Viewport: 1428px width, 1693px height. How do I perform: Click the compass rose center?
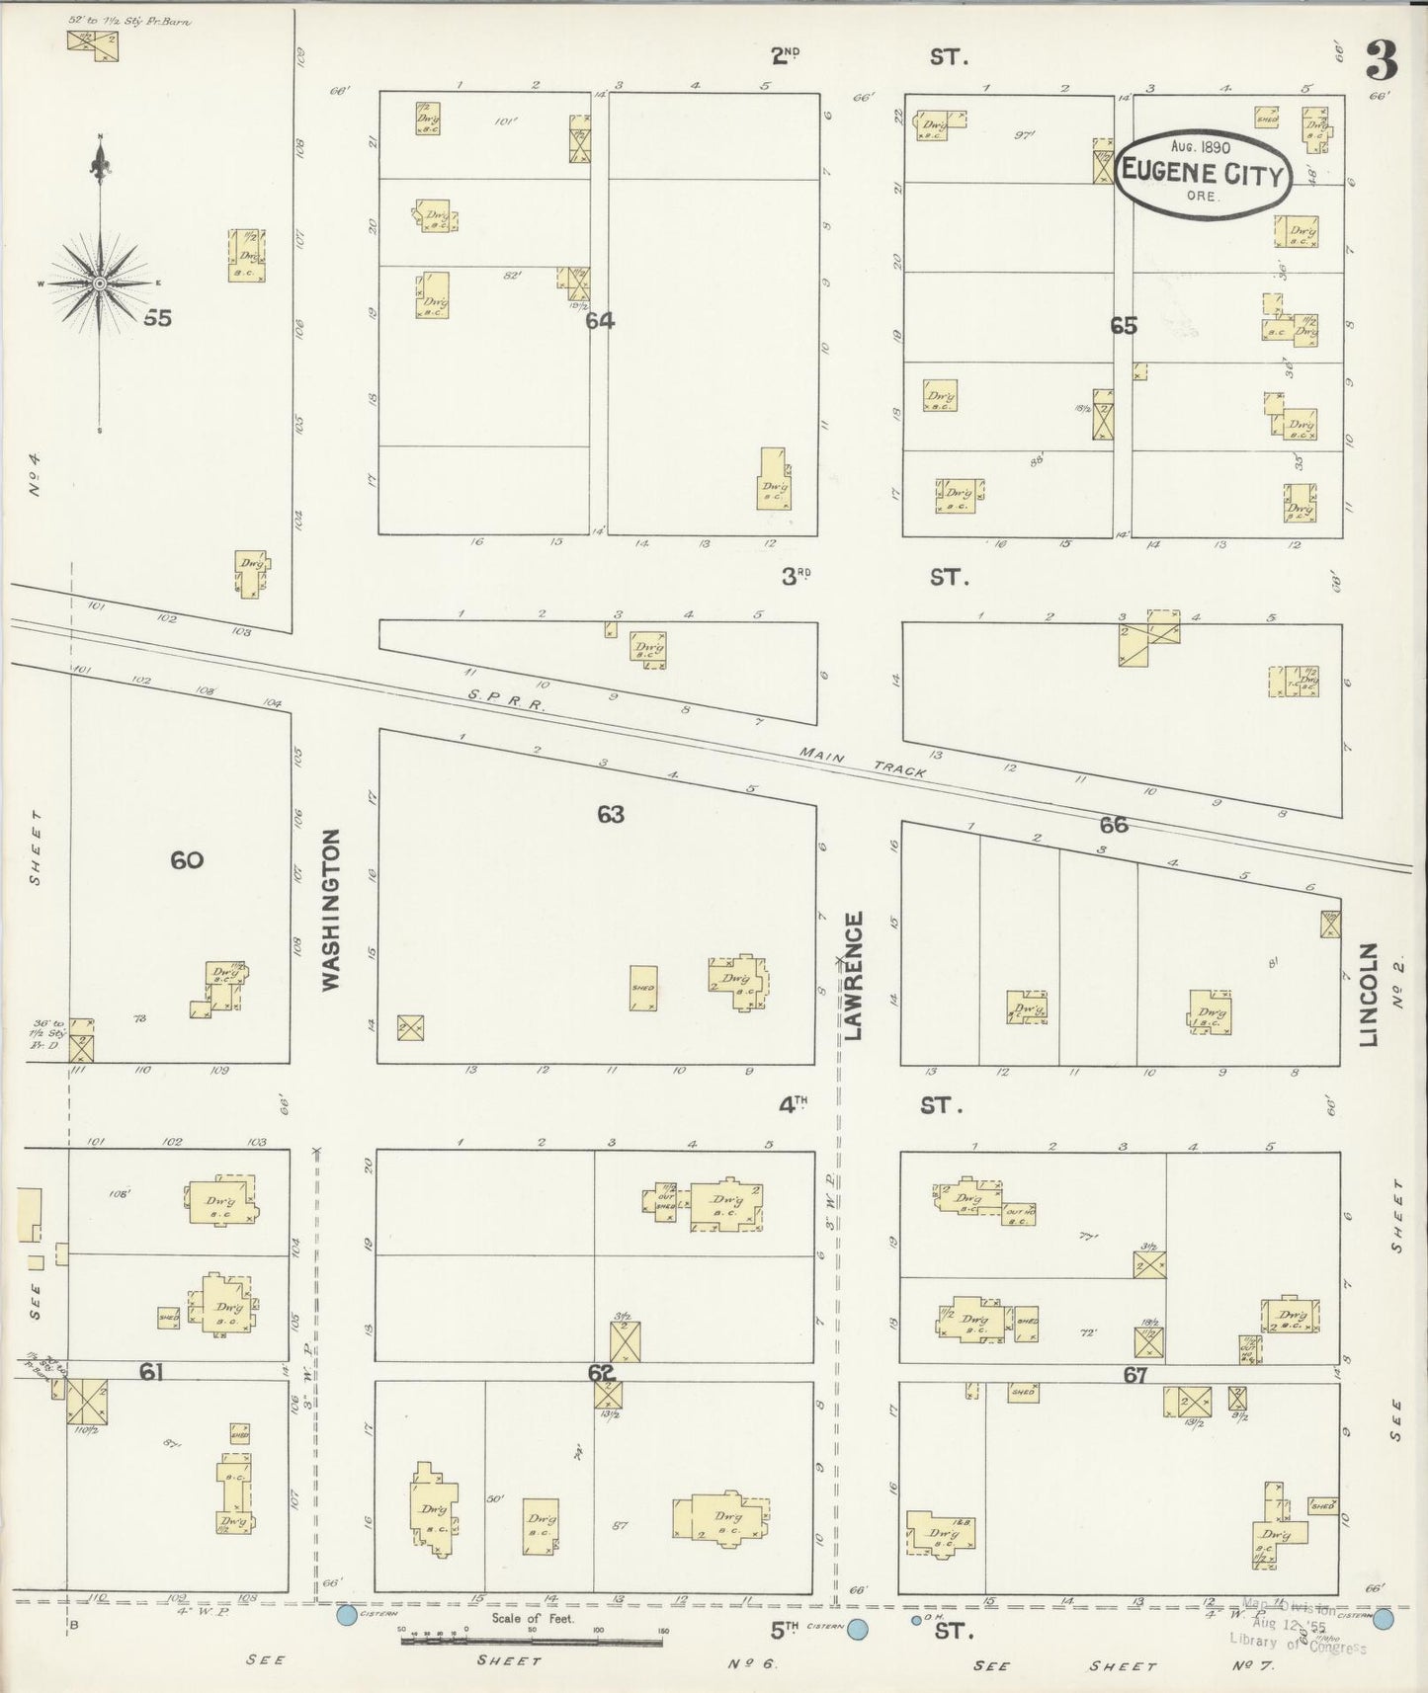[x=100, y=284]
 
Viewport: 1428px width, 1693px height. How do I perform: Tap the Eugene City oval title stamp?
[x=1203, y=173]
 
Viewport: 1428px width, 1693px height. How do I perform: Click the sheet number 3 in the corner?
[x=1381, y=63]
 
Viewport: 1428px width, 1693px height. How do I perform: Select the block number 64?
[x=600, y=321]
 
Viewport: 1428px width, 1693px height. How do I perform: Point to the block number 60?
[x=187, y=860]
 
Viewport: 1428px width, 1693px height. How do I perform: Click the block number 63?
[x=611, y=815]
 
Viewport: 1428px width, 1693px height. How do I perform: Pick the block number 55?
[x=157, y=318]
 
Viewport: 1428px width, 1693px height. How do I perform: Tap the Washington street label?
[x=332, y=909]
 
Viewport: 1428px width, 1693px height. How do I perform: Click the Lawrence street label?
[x=854, y=975]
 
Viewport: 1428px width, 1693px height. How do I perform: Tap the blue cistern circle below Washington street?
[x=346, y=1616]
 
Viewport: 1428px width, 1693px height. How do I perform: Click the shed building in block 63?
[x=643, y=988]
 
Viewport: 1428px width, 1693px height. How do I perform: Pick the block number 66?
[x=1114, y=825]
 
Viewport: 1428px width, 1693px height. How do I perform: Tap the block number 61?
[x=150, y=1371]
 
